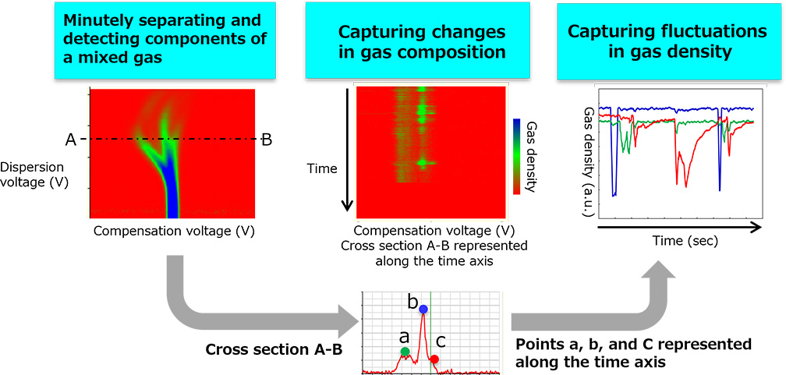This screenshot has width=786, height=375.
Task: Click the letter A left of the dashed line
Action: point(70,140)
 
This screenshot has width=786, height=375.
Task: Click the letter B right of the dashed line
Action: point(266,140)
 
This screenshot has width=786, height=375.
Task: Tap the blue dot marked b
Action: point(423,310)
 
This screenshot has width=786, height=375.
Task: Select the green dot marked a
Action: point(405,352)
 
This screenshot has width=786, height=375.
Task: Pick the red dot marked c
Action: point(435,359)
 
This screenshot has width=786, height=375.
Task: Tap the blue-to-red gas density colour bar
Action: point(516,156)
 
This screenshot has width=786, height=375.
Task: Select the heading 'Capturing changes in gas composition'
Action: point(422,42)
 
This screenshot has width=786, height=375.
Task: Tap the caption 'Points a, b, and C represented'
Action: point(633,344)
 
